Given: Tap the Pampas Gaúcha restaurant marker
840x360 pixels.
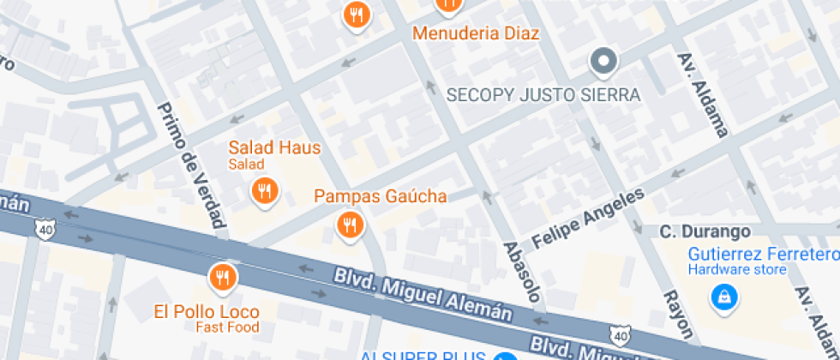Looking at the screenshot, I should click(x=349, y=225).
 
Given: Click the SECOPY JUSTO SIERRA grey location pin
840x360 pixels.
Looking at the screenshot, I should click(x=604, y=61).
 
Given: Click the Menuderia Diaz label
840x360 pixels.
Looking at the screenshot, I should click(x=476, y=33).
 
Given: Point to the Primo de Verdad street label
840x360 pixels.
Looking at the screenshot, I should click(x=193, y=167).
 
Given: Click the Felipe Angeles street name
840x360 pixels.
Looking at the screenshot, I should click(x=587, y=219).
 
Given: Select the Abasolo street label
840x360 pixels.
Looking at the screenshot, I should click(x=523, y=276).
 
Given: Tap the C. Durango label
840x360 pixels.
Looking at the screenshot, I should click(x=705, y=231).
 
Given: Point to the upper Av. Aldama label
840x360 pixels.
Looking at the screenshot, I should click(x=703, y=94).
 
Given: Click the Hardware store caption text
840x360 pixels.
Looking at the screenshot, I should click(x=737, y=270).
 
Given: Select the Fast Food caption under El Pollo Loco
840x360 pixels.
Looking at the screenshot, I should click(x=227, y=327).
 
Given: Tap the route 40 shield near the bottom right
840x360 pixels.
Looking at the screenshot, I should click(x=620, y=337).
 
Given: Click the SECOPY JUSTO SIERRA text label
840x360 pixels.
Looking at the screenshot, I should click(x=544, y=94).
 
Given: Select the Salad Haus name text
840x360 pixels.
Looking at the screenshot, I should click(x=274, y=147).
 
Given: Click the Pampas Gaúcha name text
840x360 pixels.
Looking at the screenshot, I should click(x=380, y=196).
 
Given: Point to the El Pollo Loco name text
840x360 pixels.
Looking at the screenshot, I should click(x=207, y=311).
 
